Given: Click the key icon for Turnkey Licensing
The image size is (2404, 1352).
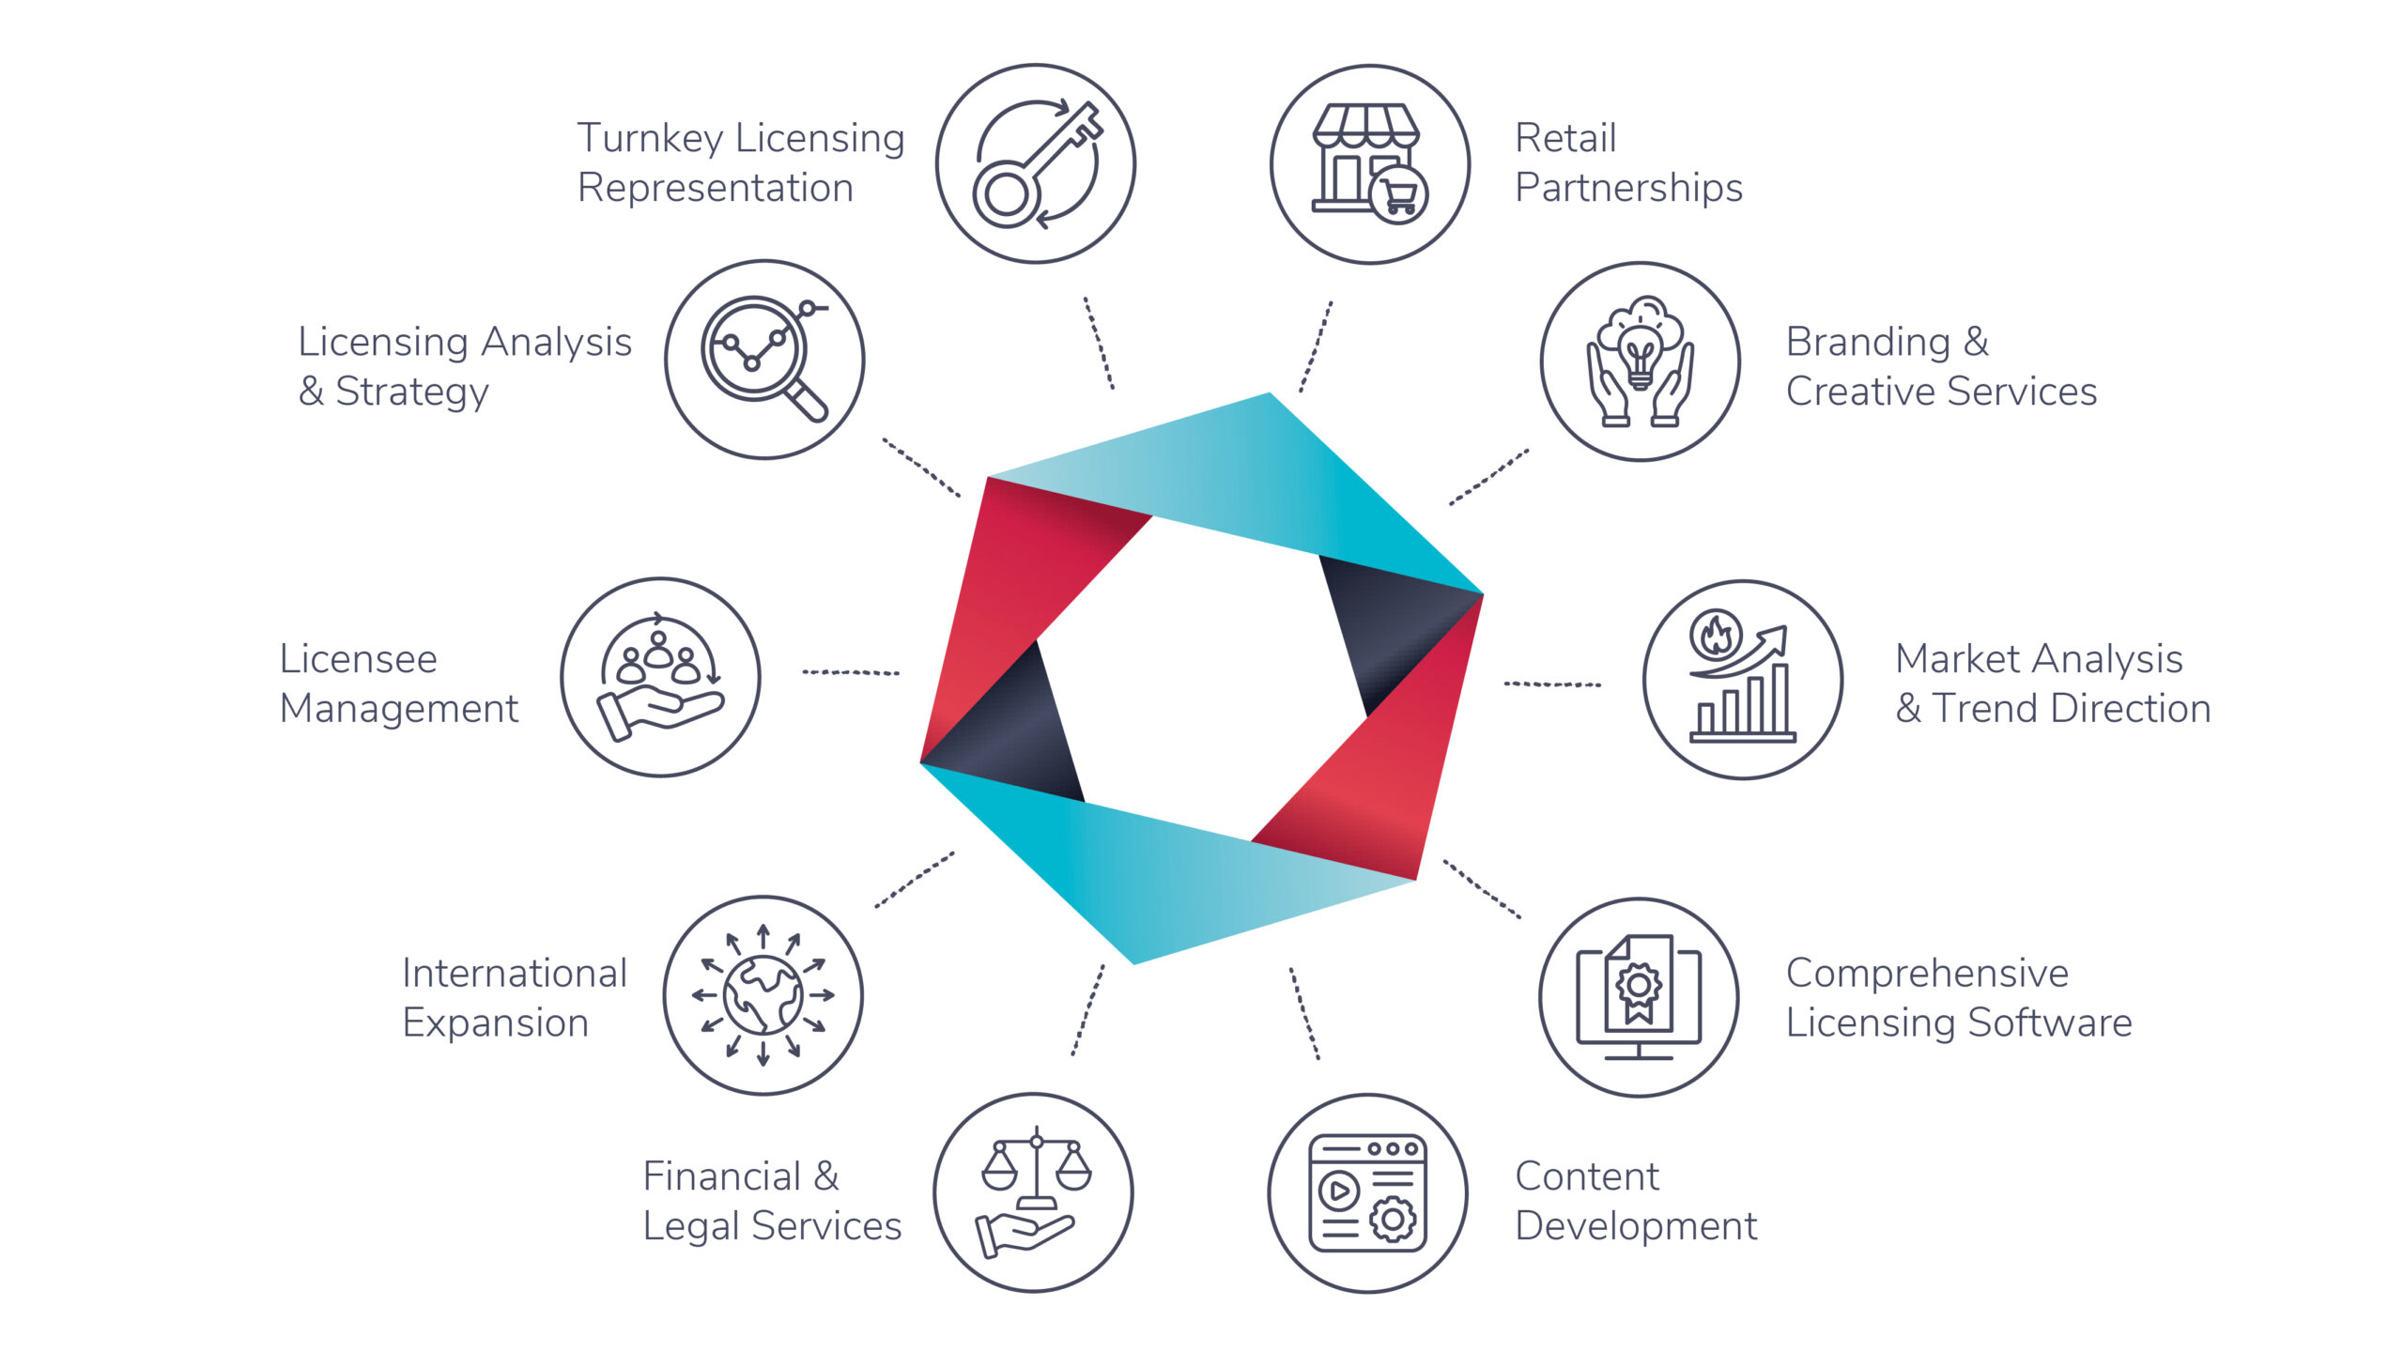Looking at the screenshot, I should point(1036,165).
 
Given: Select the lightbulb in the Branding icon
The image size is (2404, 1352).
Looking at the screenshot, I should point(1640,359).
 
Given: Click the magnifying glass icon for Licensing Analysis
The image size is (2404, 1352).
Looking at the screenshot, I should point(763,357).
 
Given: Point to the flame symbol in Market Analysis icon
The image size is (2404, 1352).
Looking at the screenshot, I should point(1716,636).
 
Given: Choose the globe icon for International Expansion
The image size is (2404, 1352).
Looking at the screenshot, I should point(763,995).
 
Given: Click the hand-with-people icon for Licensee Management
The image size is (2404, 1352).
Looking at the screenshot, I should point(660,678).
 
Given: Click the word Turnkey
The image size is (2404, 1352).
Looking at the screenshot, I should point(650,139).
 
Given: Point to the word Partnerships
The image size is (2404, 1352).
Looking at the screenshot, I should point(1628,188).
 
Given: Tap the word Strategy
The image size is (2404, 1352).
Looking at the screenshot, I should point(411,392).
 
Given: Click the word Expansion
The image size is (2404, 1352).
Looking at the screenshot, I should point(495,1022).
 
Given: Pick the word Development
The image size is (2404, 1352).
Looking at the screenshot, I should point(1635,1226).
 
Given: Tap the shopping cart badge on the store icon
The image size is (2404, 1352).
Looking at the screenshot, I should point(1398,195).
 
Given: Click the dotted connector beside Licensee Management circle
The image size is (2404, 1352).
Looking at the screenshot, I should point(851,672).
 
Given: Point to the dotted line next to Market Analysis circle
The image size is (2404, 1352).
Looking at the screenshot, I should point(1551,684).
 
